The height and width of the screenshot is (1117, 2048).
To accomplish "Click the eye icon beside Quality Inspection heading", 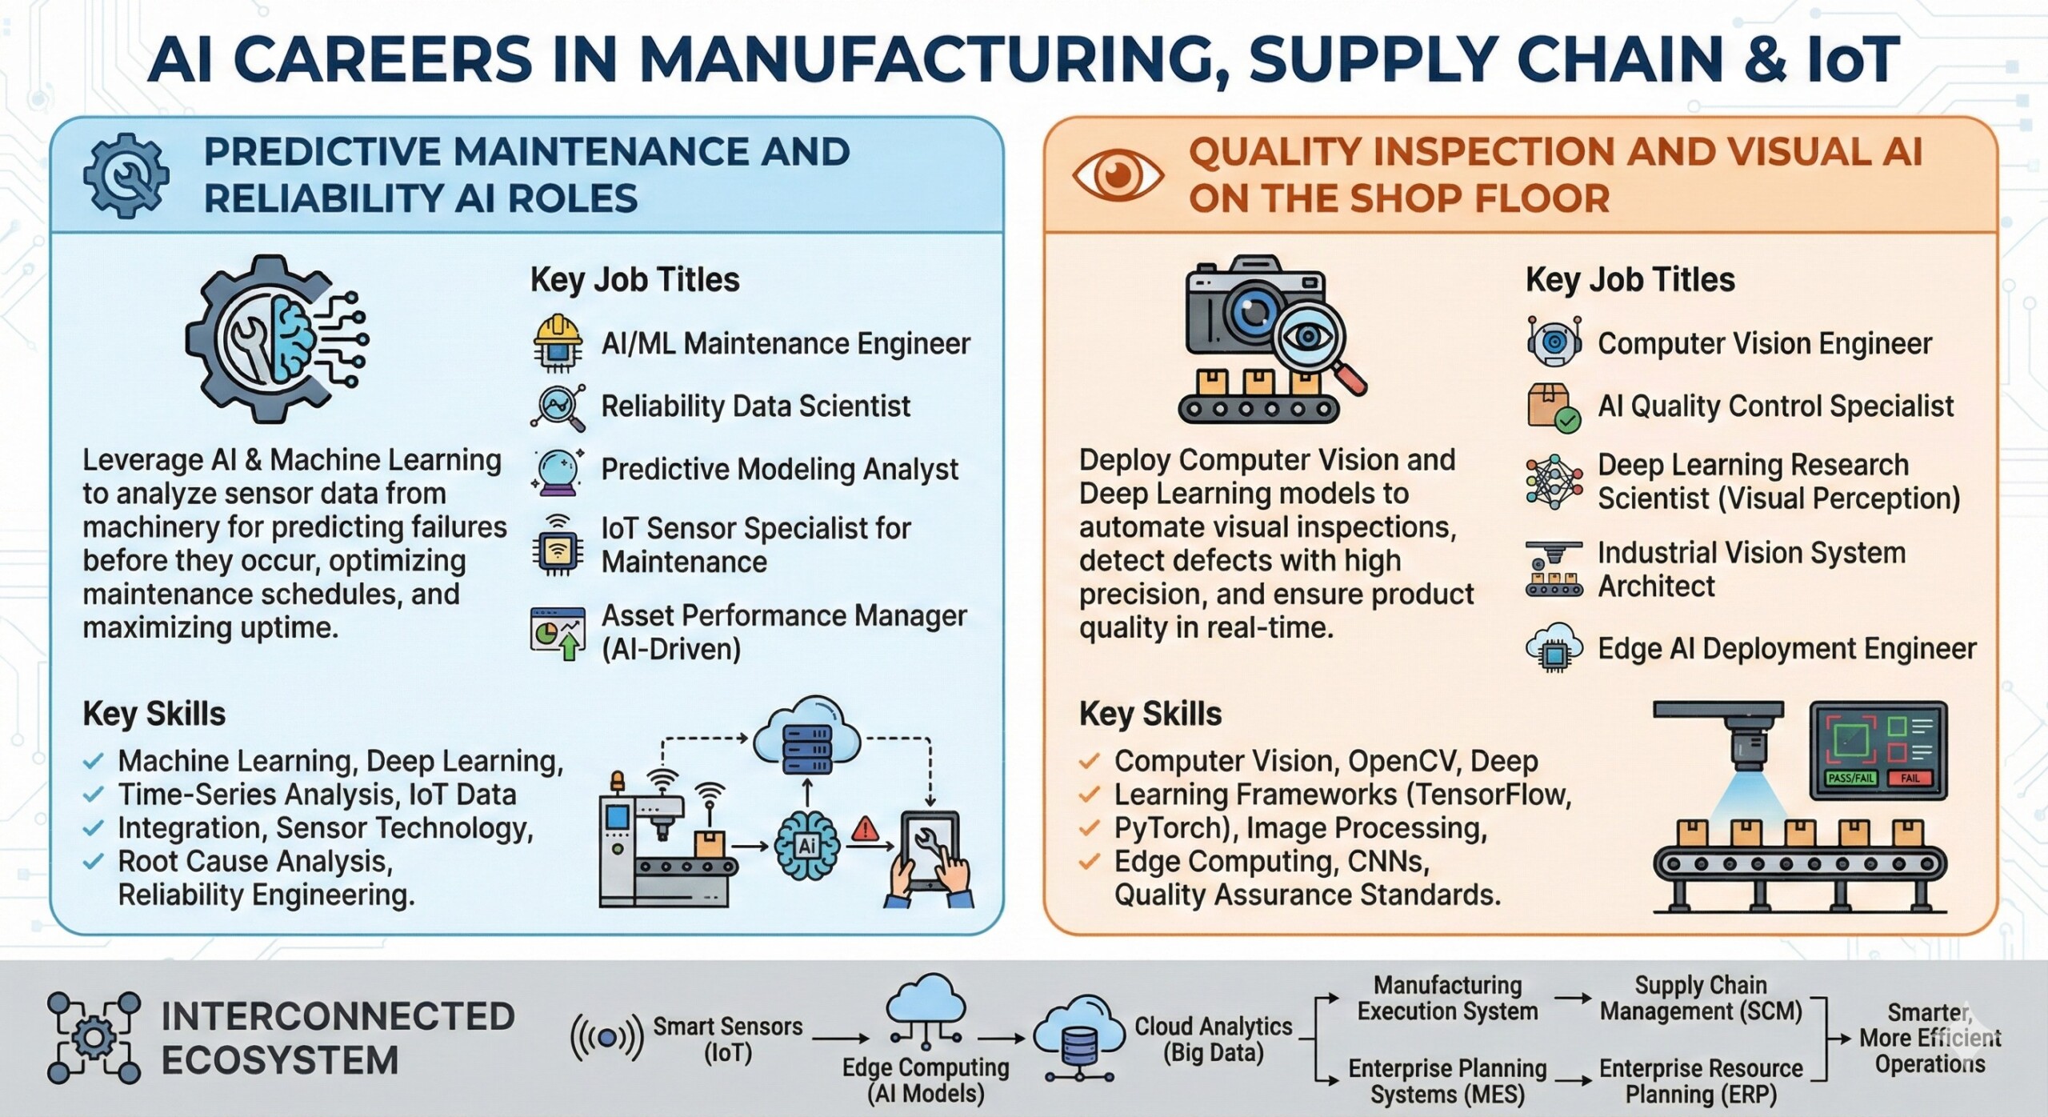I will click(x=1118, y=175).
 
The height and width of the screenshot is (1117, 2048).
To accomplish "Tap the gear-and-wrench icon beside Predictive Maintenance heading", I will click(x=126, y=175).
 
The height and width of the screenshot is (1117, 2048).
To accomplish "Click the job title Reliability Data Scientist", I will click(x=755, y=406).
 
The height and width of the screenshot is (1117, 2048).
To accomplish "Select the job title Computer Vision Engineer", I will click(x=1764, y=344).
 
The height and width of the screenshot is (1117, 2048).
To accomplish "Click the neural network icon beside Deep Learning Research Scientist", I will click(x=1554, y=482).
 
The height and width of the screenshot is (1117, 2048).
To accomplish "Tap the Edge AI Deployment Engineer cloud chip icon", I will click(x=1554, y=648).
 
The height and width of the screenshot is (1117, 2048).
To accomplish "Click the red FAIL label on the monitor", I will click(x=1910, y=778).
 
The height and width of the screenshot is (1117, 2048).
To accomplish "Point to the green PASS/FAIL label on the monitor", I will click(x=1851, y=778).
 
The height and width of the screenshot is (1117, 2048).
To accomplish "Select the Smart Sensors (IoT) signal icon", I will click(x=606, y=1038).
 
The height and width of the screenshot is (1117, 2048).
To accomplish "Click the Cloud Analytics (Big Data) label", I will click(x=1213, y=1039).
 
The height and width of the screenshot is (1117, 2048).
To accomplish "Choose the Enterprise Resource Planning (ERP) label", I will click(x=1701, y=1081).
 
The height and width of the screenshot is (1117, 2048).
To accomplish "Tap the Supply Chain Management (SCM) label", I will click(x=1701, y=998).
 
